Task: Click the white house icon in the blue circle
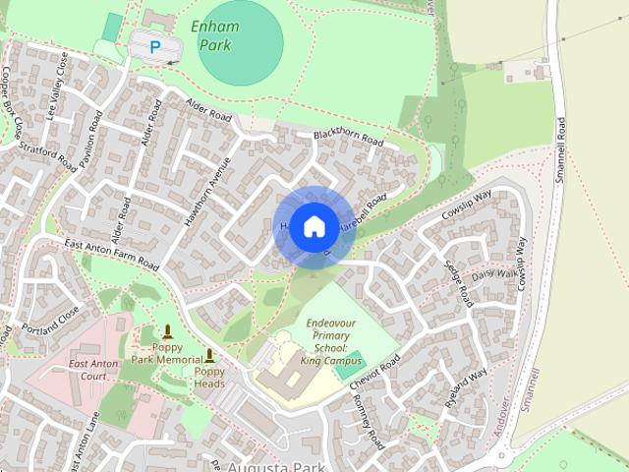314,227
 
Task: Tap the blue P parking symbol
153,45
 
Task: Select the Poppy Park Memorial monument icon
167,332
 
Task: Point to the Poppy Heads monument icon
209,356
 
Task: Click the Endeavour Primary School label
325,342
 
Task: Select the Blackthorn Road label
348,139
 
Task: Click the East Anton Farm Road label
111,255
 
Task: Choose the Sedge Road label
459,284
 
